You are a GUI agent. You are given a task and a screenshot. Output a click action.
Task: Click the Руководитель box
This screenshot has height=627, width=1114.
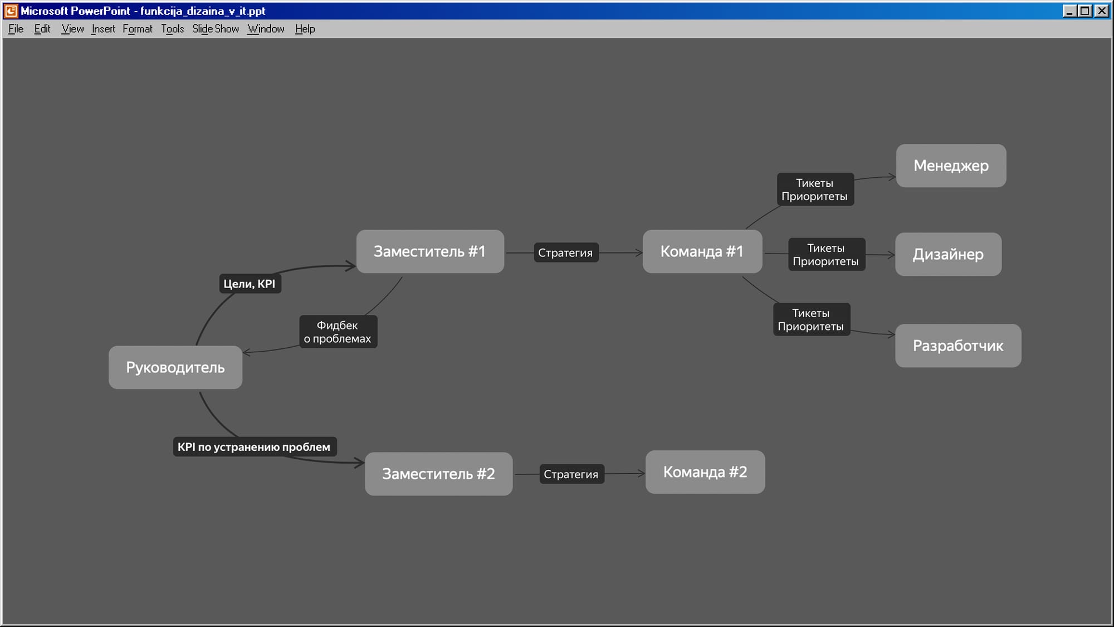pyautogui.click(x=175, y=367)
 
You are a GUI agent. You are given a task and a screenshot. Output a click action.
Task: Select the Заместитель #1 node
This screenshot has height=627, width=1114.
pyautogui.click(x=430, y=251)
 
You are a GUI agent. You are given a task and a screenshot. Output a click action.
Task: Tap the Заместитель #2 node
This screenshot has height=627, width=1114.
pyautogui.click(x=438, y=474)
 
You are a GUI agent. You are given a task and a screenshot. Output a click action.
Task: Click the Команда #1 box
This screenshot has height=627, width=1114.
pyautogui.click(x=702, y=251)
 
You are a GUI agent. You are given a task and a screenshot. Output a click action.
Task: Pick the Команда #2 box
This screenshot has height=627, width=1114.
pyautogui.click(x=705, y=472)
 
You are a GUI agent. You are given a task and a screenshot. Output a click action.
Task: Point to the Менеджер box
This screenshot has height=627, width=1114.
pyautogui.click(x=951, y=166)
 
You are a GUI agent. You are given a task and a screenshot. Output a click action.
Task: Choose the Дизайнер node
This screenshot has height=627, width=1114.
pyautogui.click(x=948, y=254)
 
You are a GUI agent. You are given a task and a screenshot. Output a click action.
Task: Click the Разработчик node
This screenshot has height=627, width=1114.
pyautogui.click(x=958, y=346)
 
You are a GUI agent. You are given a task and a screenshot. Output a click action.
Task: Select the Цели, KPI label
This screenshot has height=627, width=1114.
pyautogui.click(x=250, y=284)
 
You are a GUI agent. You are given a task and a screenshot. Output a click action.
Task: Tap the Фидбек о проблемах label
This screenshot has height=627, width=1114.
pyautogui.click(x=338, y=332)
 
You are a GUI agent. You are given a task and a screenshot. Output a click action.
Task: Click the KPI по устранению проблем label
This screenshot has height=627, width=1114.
pyautogui.click(x=255, y=446)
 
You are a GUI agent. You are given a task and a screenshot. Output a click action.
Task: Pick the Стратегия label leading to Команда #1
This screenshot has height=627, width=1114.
pyautogui.click(x=565, y=252)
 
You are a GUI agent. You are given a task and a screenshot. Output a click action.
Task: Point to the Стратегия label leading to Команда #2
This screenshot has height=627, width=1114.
pyautogui.click(x=571, y=474)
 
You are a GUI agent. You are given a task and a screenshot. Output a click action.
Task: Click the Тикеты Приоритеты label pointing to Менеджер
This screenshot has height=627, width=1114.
pyautogui.click(x=815, y=189)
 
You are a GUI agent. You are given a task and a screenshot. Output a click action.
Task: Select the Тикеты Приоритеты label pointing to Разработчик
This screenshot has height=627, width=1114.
pyautogui.click(x=811, y=319)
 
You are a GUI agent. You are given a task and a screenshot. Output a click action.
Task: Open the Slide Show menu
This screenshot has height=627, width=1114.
pyautogui.click(x=216, y=29)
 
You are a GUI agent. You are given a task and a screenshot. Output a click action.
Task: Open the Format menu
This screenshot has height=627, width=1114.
pyautogui.click(x=138, y=29)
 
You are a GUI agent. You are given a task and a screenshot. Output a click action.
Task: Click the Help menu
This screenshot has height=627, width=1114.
pyautogui.click(x=305, y=29)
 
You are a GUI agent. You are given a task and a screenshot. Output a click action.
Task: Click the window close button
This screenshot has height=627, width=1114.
pyautogui.click(x=1102, y=11)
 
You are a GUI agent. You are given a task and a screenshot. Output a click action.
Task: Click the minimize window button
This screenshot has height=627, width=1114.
pyautogui.click(x=1069, y=11)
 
